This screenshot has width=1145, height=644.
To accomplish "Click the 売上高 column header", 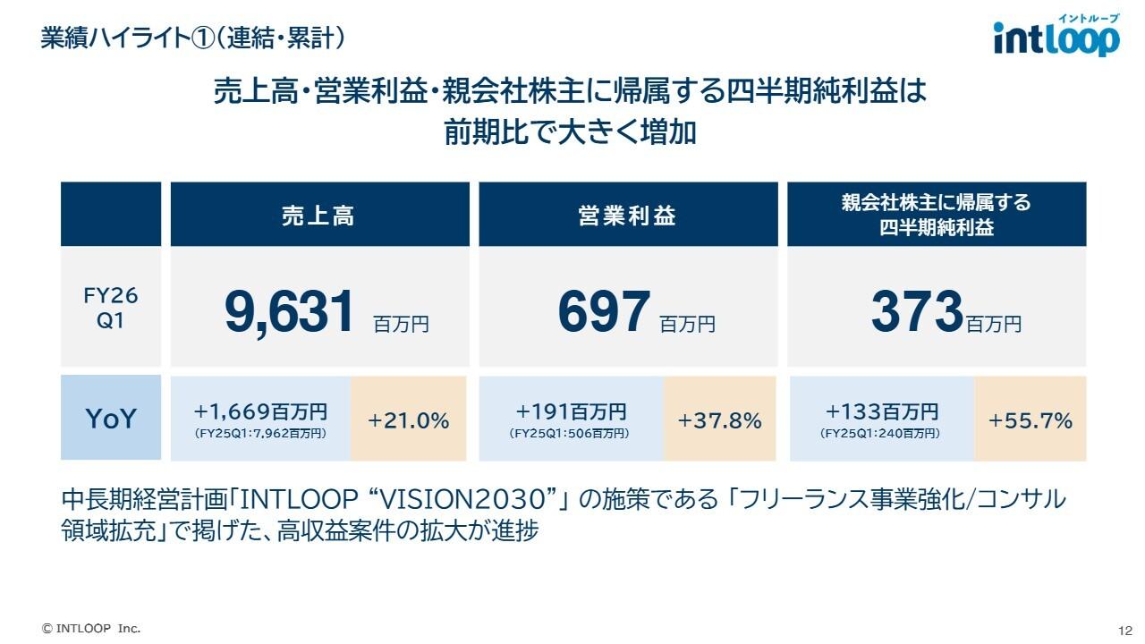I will click(319, 215).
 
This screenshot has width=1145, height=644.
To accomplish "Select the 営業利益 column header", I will click(627, 215).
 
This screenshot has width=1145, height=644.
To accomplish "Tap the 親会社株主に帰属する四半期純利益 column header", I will click(936, 215).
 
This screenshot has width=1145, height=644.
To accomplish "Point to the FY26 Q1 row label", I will click(111, 308).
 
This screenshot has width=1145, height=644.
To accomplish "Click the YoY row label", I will click(111, 419).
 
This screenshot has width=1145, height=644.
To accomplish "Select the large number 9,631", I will click(290, 312).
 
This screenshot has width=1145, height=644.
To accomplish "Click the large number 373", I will click(916, 312).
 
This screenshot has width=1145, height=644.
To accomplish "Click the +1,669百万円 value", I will click(260, 411).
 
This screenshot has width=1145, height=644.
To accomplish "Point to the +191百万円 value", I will click(571, 411).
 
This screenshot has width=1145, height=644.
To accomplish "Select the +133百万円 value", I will click(881, 411).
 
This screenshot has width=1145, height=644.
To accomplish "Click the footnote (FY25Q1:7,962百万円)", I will click(260, 433).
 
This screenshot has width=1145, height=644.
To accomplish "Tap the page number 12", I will click(1124, 629).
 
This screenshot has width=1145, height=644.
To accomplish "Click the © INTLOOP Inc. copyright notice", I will click(91, 628).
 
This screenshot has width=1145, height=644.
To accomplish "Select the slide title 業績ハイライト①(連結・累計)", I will click(193, 38).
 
